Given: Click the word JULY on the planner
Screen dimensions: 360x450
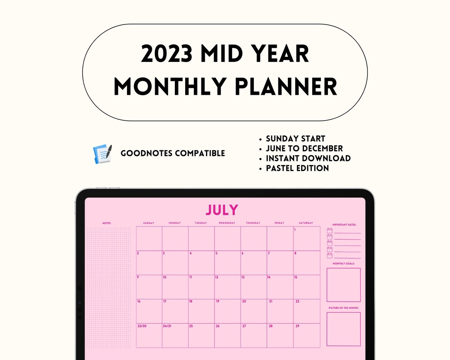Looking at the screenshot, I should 222,210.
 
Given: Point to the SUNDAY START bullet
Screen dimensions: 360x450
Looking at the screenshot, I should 295,139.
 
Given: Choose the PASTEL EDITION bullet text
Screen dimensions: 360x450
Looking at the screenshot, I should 297,168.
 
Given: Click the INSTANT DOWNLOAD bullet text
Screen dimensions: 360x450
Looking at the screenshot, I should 308,158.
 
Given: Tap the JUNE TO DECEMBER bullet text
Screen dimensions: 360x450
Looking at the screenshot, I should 304,148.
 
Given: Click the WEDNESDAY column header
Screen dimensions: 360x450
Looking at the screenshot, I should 227,223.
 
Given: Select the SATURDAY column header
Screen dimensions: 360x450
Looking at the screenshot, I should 306,223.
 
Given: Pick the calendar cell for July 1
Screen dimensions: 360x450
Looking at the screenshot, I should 307,238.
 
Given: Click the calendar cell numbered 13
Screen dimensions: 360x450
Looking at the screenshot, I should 253,287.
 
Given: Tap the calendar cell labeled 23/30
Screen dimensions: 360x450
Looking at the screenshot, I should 149,336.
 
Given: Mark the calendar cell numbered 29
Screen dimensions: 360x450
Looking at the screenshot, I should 307,336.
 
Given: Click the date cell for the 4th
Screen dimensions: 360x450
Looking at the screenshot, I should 201,262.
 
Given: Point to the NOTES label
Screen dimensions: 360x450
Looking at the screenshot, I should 107,223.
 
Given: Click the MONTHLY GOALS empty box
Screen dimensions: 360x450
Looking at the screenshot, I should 343,285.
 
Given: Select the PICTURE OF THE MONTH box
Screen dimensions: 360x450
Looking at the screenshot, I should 343,329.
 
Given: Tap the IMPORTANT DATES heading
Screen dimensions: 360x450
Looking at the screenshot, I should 344,225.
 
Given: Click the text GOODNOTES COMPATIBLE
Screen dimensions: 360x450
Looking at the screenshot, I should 173,153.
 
